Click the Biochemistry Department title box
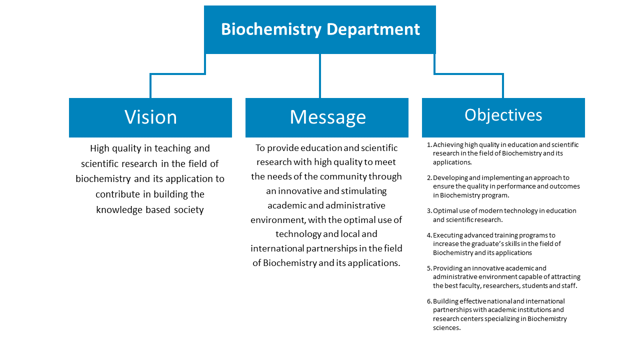(x=320, y=29)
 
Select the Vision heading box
(x=150, y=117)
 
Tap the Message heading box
(x=327, y=117)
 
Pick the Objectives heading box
(x=503, y=117)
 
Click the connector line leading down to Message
(x=320, y=76)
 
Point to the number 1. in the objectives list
(x=429, y=145)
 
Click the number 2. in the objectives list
(x=429, y=178)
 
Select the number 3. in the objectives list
(x=429, y=211)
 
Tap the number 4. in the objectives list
(x=429, y=235)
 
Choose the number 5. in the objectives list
(x=429, y=268)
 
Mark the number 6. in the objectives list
(x=429, y=301)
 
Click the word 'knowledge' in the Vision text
(x=119, y=210)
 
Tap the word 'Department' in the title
(x=373, y=29)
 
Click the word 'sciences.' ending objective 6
(x=447, y=328)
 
